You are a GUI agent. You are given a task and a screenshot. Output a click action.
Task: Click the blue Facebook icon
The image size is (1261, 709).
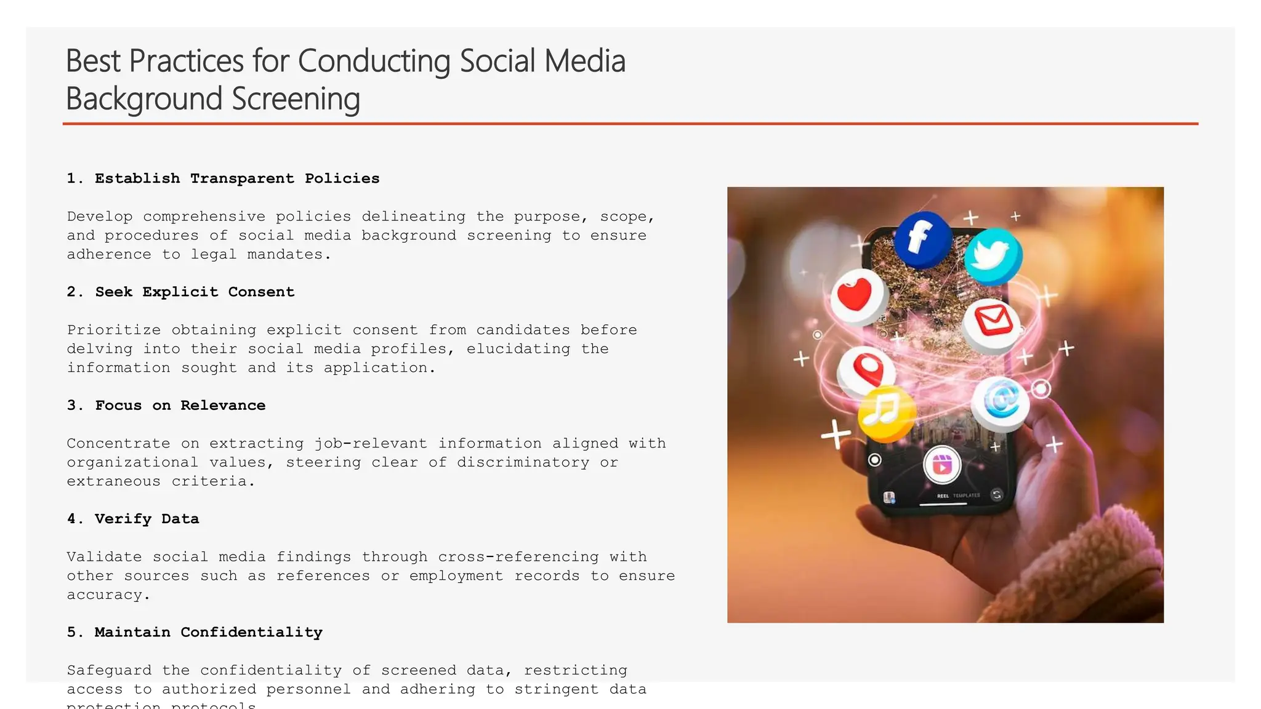pos(922,238)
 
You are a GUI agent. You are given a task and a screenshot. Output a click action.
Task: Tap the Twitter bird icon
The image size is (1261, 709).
pos(993,255)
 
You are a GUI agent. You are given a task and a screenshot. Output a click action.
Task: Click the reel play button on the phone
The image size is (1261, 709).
pos(942,465)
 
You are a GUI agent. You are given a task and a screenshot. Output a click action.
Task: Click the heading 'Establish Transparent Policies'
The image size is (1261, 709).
pos(237,178)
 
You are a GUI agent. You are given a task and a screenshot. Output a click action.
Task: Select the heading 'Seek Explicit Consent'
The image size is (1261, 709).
pos(195,292)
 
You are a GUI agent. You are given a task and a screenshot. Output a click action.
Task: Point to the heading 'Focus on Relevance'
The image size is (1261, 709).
pos(180,406)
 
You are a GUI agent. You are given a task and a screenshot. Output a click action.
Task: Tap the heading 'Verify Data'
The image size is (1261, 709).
pos(147,519)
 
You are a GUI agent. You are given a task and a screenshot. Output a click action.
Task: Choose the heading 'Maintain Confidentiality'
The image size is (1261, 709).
pos(208,633)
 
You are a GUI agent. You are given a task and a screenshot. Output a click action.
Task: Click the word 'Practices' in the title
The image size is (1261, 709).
pos(187,61)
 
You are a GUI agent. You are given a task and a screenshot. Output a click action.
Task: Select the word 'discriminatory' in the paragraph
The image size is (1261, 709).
pos(523,462)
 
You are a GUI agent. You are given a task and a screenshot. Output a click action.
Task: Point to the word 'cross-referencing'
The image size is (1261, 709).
pos(518,557)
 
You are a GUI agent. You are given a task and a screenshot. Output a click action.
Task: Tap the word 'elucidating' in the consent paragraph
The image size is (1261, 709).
pos(518,349)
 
